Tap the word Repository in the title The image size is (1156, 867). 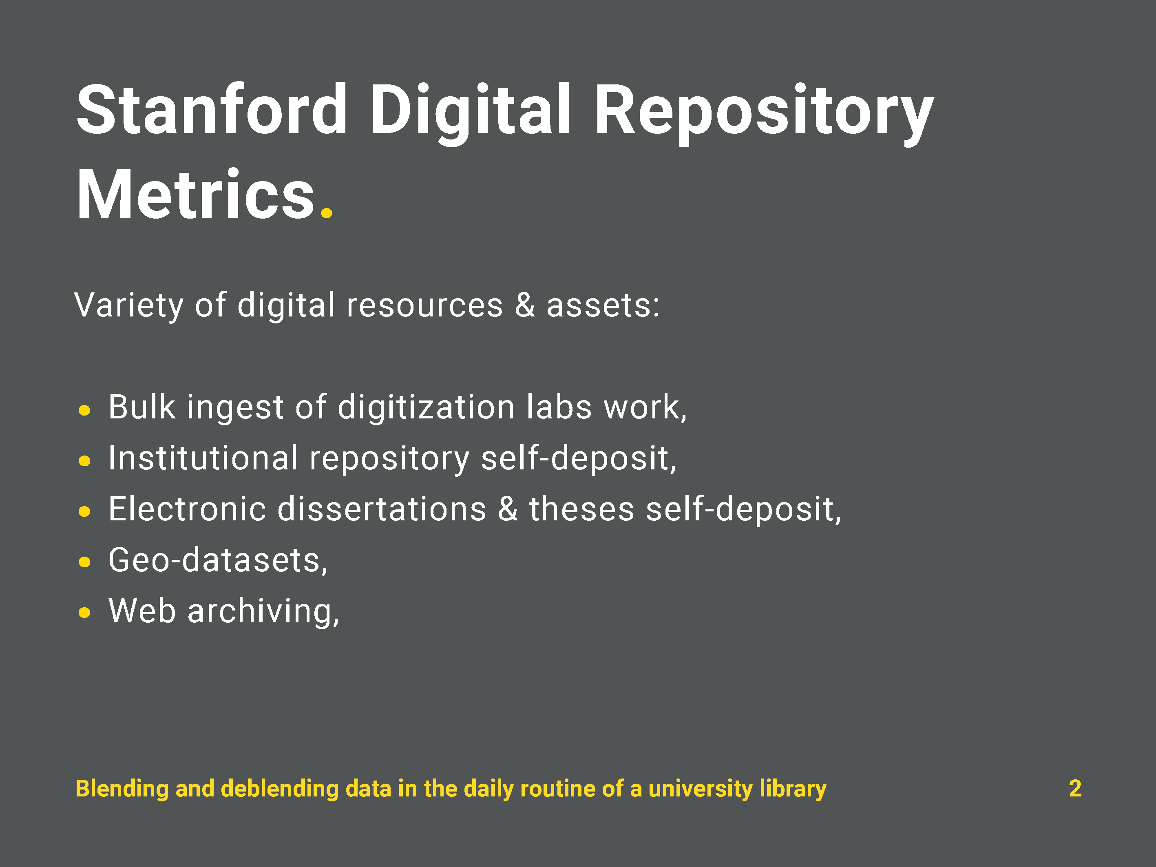763,114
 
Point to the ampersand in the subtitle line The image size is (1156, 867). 525,305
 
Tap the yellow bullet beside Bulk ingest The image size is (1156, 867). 84,410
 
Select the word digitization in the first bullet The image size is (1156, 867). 426,408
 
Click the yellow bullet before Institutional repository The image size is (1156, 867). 84,460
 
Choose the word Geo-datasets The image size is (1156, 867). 218,560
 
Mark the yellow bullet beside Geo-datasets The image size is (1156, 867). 84,562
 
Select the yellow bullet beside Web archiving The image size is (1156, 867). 84,612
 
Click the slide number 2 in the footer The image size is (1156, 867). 1075,788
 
